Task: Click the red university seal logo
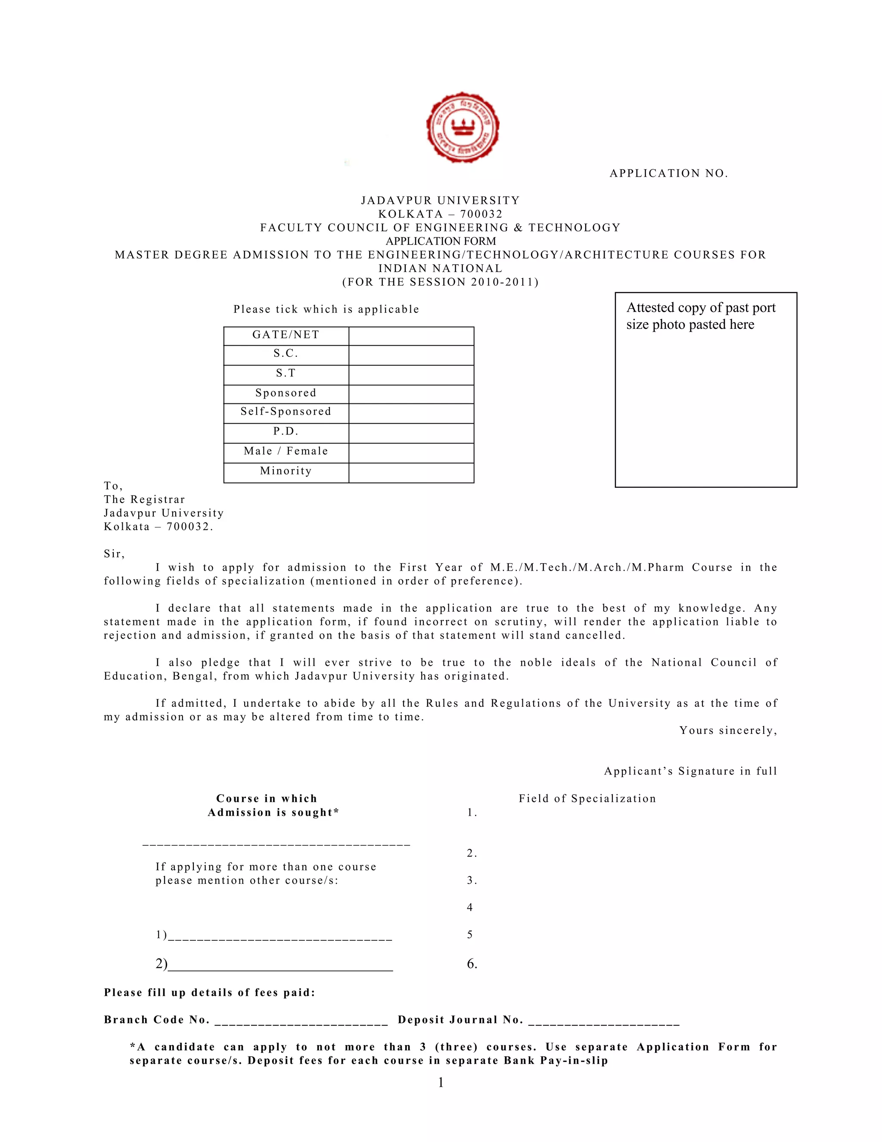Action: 462,127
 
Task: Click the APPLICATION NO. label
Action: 668,174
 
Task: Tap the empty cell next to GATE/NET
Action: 411,336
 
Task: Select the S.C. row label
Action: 286,354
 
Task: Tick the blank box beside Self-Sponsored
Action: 411,413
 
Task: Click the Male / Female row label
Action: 286,451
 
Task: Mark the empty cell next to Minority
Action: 411,473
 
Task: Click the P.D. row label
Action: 286,431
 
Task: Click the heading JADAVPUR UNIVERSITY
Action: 441,201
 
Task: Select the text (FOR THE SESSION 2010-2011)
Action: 441,282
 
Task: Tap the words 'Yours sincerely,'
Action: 728,730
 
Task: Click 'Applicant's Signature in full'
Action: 690,771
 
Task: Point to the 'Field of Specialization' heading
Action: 587,799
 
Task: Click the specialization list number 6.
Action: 472,964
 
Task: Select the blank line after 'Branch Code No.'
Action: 301,1020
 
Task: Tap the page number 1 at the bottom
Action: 441,1083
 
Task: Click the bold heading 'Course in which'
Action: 267,799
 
